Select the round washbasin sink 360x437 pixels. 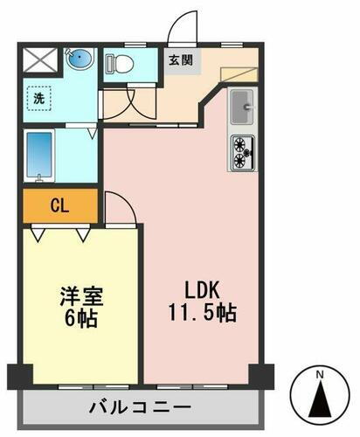(x=80, y=60)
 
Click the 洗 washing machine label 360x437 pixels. (x=40, y=99)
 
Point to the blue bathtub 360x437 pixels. (x=42, y=156)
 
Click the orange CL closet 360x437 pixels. (x=59, y=206)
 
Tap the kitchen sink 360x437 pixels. (x=241, y=108)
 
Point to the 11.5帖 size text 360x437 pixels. (x=203, y=312)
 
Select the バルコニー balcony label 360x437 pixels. (x=140, y=406)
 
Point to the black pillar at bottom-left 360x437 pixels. (x=19, y=377)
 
